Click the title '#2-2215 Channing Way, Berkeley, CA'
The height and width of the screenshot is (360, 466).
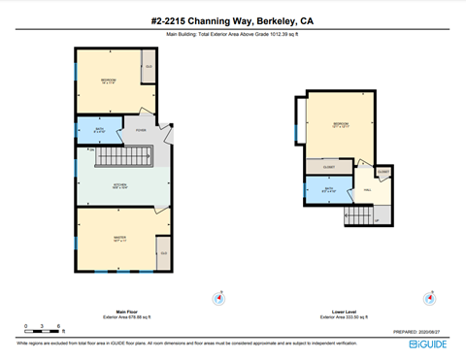(233, 19)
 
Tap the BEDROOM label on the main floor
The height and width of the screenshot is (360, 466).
(108, 81)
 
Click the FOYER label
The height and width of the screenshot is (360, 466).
(141, 129)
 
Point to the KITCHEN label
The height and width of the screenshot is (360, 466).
(120, 185)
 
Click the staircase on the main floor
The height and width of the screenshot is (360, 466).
(123, 156)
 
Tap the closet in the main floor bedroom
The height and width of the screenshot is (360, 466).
(149, 68)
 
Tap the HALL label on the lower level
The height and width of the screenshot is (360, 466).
(367, 190)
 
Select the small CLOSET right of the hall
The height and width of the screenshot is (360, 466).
(383, 173)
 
